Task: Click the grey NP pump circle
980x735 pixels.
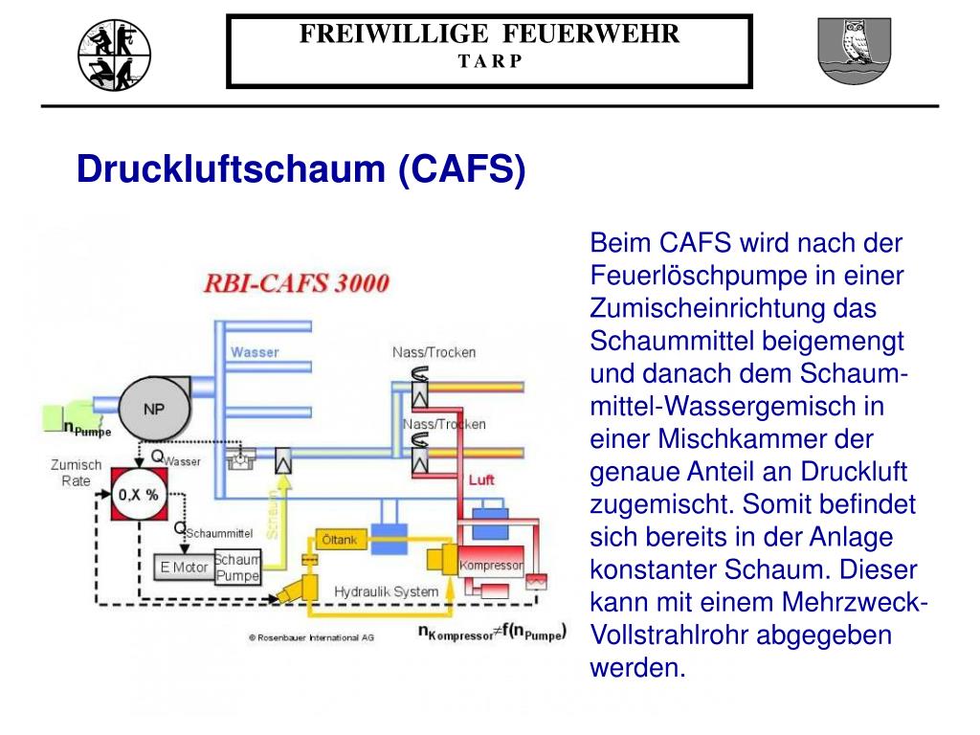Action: [x=153, y=409]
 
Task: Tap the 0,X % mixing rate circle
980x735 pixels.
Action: [x=140, y=494]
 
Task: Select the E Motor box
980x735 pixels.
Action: [x=184, y=568]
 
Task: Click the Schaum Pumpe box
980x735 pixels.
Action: [x=236, y=568]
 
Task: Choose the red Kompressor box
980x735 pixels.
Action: [x=491, y=565]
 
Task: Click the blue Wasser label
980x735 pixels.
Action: [x=255, y=352]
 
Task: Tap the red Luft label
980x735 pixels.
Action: [x=481, y=479]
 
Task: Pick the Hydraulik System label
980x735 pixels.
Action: [x=386, y=591]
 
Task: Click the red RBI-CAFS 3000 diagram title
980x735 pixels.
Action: [x=298, y=283]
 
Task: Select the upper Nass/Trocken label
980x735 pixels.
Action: [x=434, y=352]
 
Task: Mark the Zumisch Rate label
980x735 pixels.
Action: [x=76, y=473]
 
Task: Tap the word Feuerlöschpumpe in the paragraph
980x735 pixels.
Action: [x=699, y=277]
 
